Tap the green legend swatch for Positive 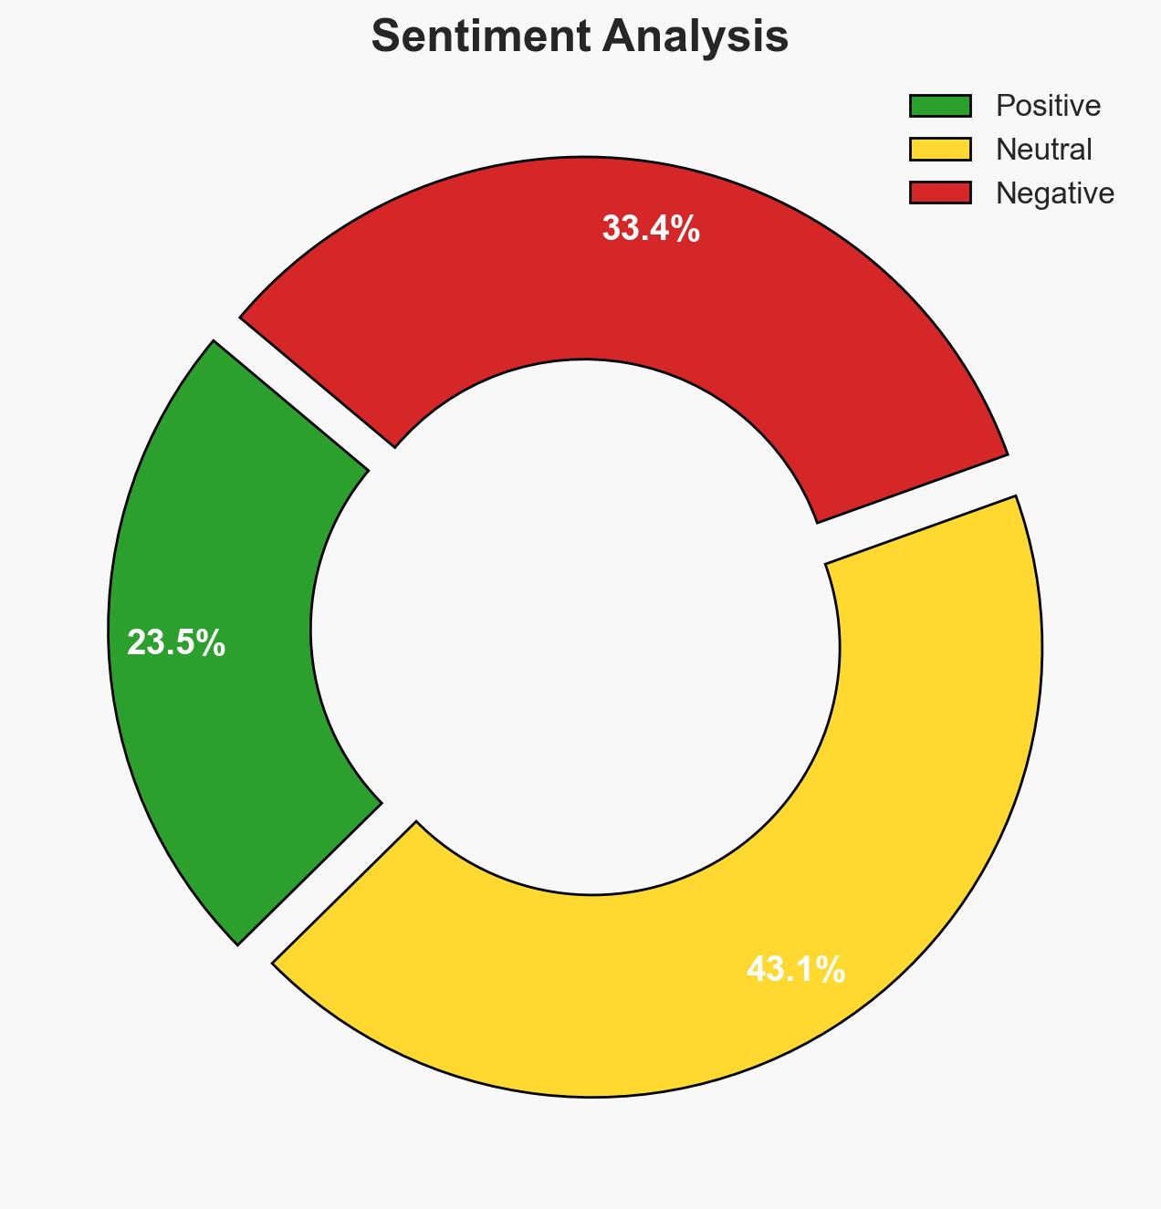click(939, 106)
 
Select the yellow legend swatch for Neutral click(939, 149)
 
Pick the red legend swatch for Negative click(939, 193)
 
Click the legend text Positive click(1048, 106)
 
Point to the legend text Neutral click(1043, 149)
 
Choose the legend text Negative click(1054, 193)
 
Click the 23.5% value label click(176, 643)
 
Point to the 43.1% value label click(795, 969)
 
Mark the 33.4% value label click(651, 228)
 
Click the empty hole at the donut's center click(575, 630)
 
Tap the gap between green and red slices click(301, 392)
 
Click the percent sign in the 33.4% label click(684, 228)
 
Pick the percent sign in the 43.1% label click(829, 969)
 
